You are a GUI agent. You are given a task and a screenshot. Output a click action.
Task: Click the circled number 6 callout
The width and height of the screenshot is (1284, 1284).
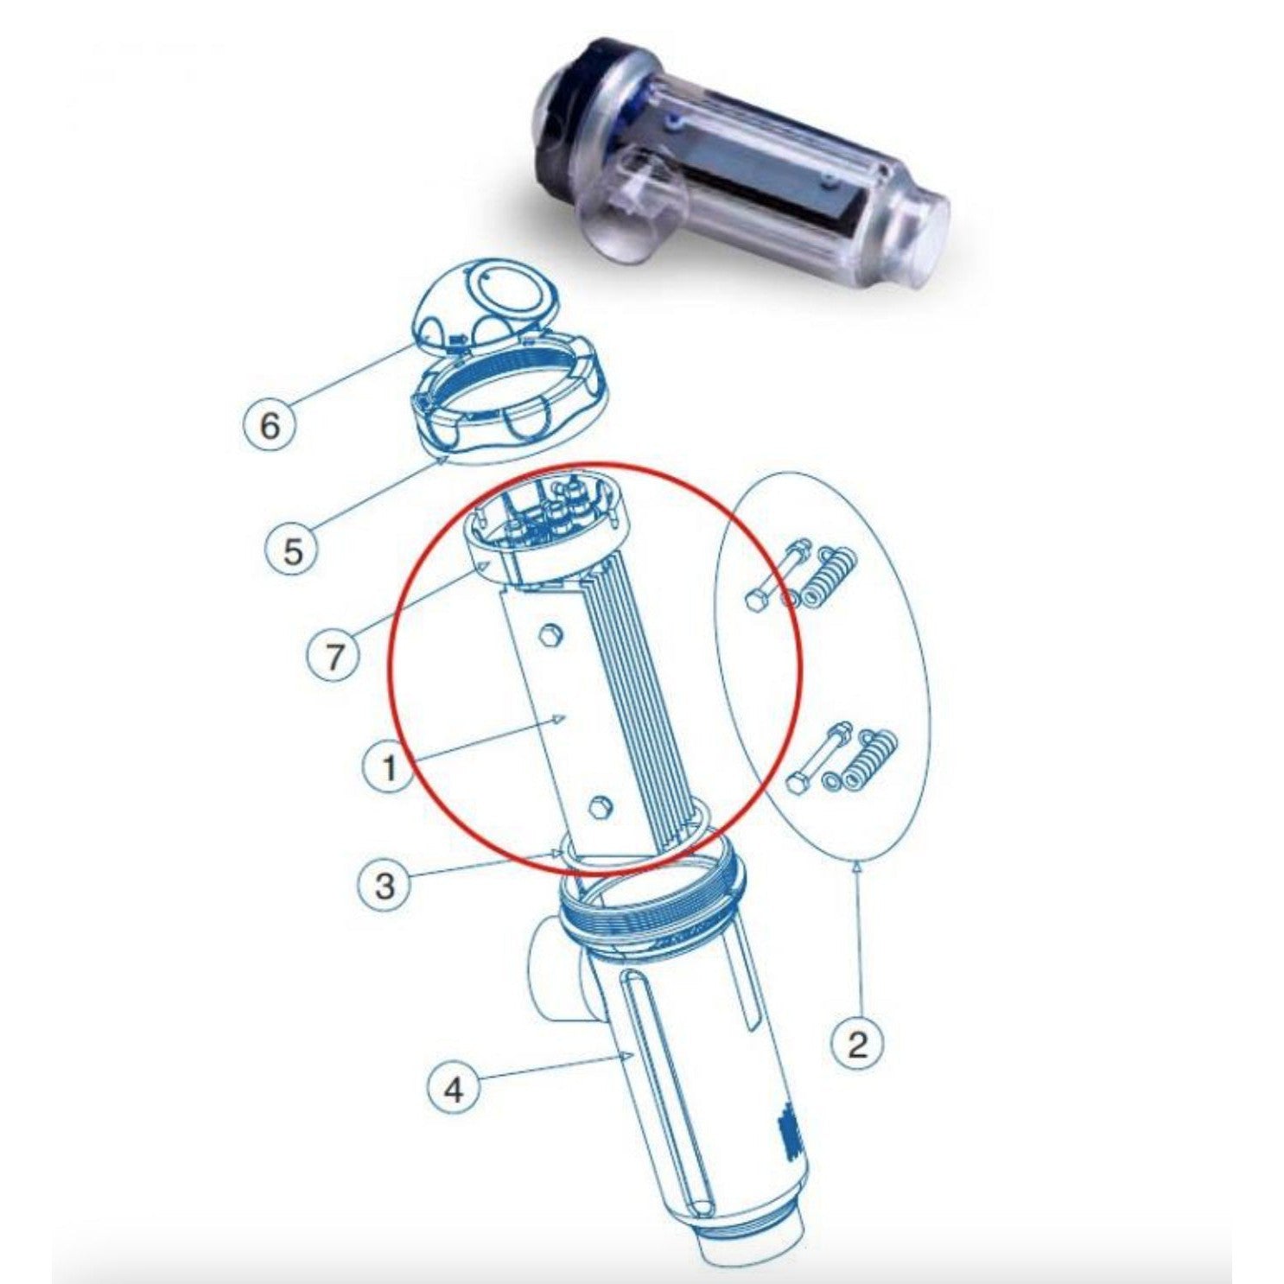pos(270,425)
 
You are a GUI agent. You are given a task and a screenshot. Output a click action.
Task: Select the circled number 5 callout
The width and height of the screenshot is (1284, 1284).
pos(294,550)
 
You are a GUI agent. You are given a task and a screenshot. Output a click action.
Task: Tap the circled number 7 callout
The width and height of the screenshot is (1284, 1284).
pos(334,657)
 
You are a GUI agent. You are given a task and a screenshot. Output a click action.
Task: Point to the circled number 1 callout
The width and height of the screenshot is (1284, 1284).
pos(389,766)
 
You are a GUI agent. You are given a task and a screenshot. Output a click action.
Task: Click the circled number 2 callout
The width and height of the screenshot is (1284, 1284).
pos(857,1044)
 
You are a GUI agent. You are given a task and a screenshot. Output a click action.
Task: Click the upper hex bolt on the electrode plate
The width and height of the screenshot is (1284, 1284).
pos(548,638)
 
